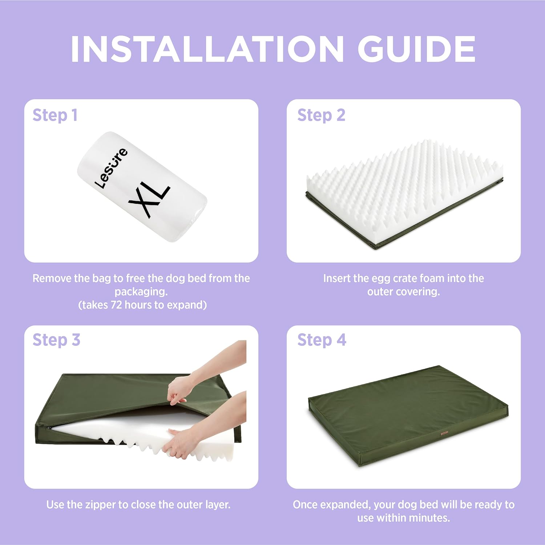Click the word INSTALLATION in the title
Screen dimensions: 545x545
tap(207, 49)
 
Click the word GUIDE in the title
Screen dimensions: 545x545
tap(416, 49)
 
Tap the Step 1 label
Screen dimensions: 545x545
tap(55, 116)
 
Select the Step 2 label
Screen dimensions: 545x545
tap(321, 116)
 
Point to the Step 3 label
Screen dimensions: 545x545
tap(56, 340)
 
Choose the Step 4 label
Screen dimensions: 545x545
tap(322, 340)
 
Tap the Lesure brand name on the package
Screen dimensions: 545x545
tap(111, 168)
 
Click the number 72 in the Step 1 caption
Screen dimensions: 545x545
tap(116, 305)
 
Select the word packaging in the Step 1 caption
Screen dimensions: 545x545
tap(141, 292)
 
